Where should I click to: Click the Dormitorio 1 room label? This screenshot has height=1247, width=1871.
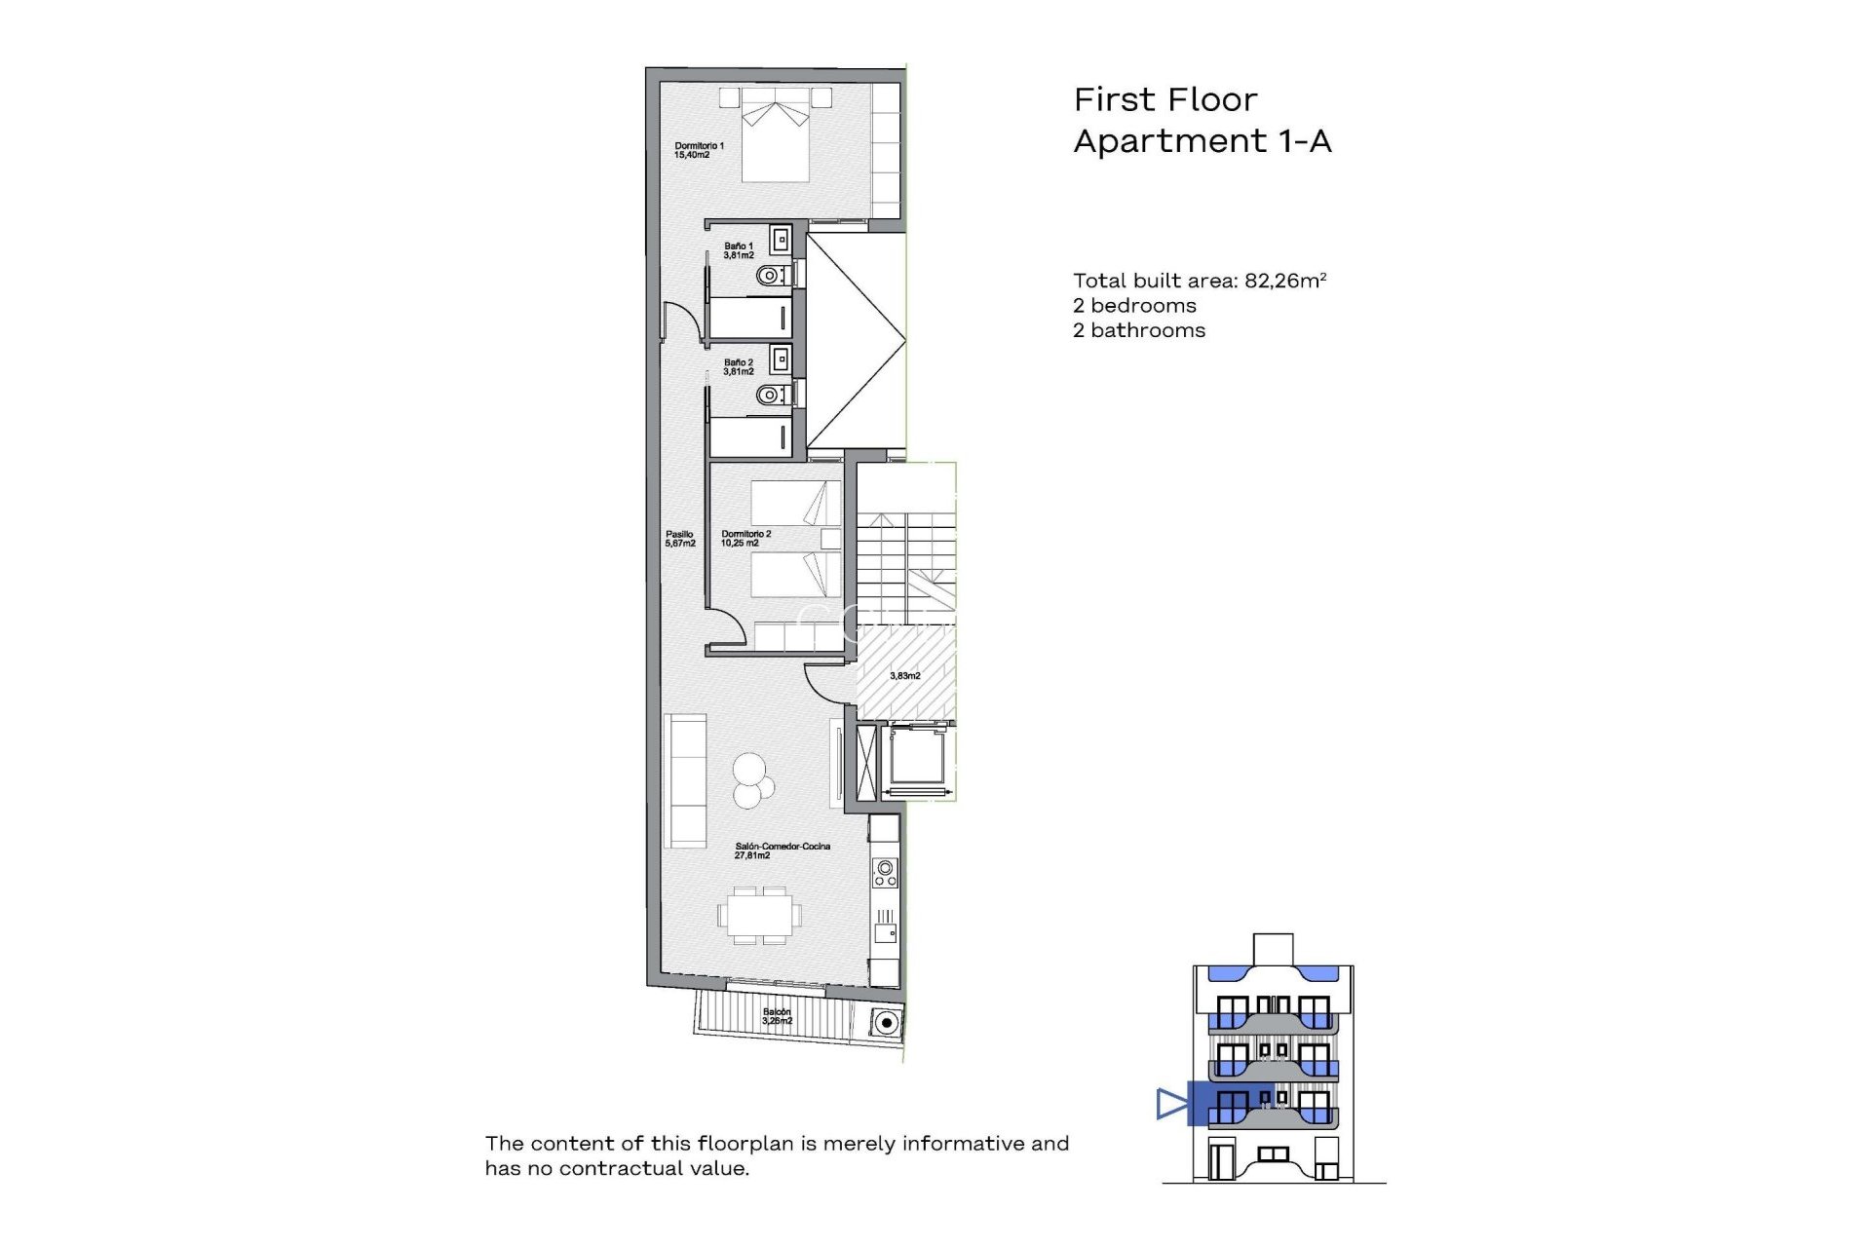click(699, 150)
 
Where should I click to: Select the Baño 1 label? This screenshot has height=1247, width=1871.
click(738, 250)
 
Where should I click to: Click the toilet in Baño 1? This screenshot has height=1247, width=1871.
click(771, 276)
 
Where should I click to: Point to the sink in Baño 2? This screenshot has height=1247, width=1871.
click(781, 359)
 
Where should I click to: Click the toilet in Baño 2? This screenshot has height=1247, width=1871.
click(771, 395)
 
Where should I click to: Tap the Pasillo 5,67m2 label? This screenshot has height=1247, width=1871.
click(679, 539)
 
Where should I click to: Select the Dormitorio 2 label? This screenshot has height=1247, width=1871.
click(745, 539)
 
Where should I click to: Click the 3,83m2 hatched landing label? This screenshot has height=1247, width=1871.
click(904, 675)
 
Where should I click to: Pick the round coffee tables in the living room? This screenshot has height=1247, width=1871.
click(752, 781)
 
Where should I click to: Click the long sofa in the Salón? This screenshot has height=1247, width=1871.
click(685, 780)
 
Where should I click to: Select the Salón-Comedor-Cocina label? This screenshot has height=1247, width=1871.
click(782, 850)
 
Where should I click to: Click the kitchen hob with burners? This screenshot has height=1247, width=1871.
click(885, 872)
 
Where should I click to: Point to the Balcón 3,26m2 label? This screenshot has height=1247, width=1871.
click(777, 1016)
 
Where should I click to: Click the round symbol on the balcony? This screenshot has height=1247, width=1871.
click(885, 1023)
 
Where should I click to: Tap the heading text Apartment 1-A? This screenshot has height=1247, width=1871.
click(1202, 141)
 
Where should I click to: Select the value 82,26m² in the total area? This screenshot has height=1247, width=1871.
click(1284, 281)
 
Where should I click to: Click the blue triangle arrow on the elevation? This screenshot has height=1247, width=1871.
click(1170, 1104)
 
